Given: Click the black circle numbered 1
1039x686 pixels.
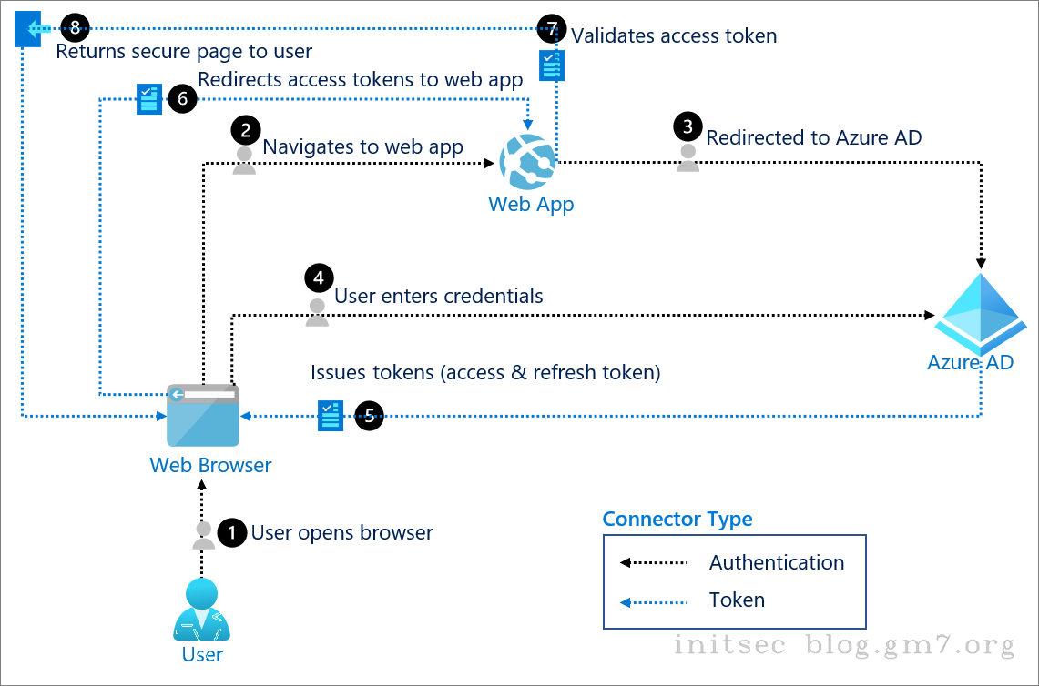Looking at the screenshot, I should (x=233, y=532).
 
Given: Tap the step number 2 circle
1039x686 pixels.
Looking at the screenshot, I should (x=244, y=129).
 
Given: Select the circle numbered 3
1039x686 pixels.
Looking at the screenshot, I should (x=688, y=126).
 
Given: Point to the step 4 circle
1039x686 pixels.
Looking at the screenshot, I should (x=318, y=277).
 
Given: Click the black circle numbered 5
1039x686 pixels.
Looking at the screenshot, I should (x=369, y=416).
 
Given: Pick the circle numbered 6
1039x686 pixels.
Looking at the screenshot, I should (x=182, y=99).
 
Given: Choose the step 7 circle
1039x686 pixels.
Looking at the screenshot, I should (x=552, y=28).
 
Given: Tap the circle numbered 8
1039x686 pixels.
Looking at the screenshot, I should (x=75, y=28).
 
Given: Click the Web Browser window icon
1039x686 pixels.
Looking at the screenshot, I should (x=202, y=415).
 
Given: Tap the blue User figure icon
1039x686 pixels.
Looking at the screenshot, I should (x=202, y=611).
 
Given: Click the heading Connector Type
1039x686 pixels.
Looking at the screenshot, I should (x=677, y=519).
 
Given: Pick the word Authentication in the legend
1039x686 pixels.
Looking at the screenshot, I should (x=777, y=562).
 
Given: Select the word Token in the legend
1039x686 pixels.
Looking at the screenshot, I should (x=737, y=600).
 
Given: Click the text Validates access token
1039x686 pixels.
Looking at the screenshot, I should (x=674, y=35).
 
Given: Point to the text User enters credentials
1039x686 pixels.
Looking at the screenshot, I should (x=439, y=296).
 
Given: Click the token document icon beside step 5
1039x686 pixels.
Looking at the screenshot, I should (x=331, y=416).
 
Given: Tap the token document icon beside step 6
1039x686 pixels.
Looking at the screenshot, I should (x=148, y=99).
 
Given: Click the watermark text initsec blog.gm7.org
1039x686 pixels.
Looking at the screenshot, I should (x=843, y=645).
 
